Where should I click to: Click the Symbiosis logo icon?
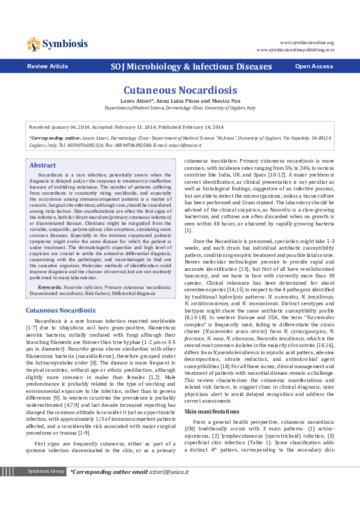pyautogui.click(x=33, y=44)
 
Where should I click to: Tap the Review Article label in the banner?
pyautogui.click(x=47, y=66)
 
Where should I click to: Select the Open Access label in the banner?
pyautogui.click(x=313, y=66)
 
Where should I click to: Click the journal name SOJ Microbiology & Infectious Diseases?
pyautogui.click(x=191, y=66)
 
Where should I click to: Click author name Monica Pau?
pyautogui.click(x=228, y=100)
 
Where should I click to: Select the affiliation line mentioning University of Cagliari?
pyautogui.click(x=180, y=107)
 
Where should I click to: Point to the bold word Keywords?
pyautogui.click(x=50, y=287)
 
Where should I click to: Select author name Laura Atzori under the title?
pyautogui.click(x=137, y=100)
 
